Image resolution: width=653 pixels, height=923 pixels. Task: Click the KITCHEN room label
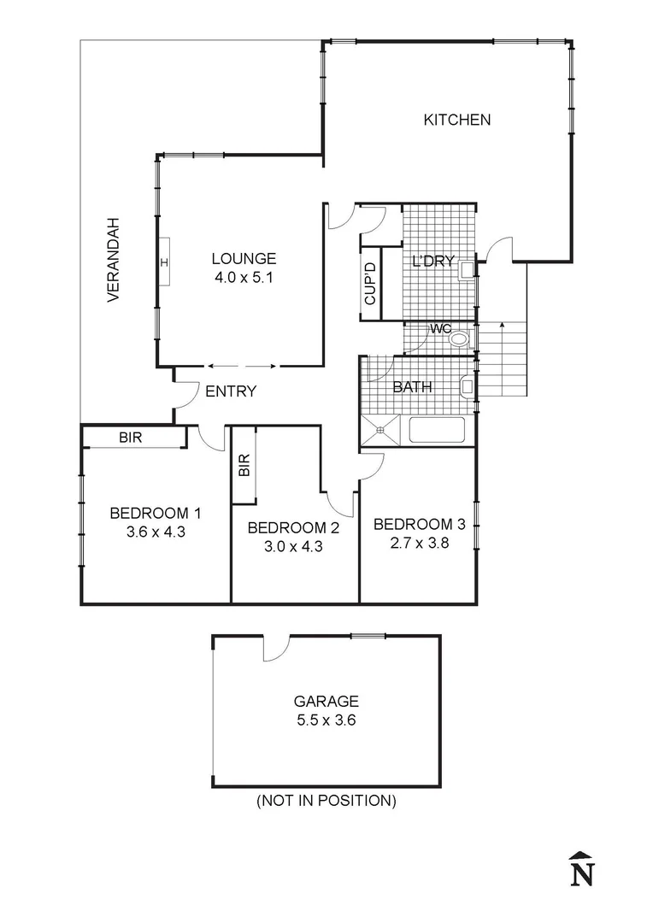[x=457, y=121]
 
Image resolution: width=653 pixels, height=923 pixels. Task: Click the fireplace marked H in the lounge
[x=163, y=262]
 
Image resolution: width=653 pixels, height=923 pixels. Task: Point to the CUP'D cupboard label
[x=370, y=284]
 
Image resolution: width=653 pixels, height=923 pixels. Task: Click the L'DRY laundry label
[x=432, y=262]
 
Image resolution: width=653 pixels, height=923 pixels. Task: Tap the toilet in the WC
[x=460, y=338]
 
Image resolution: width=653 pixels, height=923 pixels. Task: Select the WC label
[x=440, y=329]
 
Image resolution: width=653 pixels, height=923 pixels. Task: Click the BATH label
[x=412, y=387]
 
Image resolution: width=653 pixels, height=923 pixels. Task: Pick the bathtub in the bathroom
[x=436, y=430]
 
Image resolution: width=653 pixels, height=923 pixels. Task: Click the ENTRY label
[x=231, y=391]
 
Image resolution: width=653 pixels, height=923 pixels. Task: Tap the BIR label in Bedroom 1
[x=130, y=438]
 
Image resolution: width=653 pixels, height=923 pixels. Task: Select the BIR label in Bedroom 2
[x=244, y=465]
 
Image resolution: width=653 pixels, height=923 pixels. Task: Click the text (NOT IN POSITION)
[x=326, y=801]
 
